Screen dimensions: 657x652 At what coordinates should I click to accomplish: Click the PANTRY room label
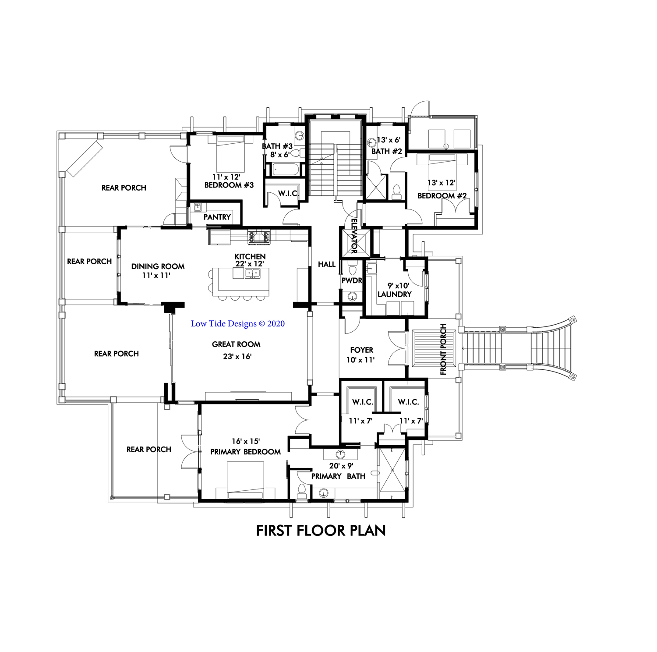[x=217, y=217]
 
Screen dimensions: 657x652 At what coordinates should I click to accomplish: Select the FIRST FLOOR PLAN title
[x=321, y=531]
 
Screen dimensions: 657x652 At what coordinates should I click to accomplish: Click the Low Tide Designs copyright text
[x=238, y=324]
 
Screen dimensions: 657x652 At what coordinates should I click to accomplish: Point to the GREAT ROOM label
[x=236, y=344]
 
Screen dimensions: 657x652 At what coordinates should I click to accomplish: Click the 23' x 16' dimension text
[x=237, y=357]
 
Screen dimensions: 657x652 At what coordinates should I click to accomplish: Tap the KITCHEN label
[x=250, y=256]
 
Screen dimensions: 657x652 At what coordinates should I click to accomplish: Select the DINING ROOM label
[x=158, y=266]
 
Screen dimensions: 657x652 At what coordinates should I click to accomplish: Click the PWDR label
[x=352, y=280]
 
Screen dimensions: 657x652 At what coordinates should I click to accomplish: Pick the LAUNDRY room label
[x=394, y=294]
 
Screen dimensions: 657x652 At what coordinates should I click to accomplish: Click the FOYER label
[x=361, y=350]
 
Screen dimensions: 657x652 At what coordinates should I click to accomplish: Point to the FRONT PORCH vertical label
[x=443, y=349]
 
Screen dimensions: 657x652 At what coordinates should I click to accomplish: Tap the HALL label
[x=327, y=264]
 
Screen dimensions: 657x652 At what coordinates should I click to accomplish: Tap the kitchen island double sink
[x=253, y=273]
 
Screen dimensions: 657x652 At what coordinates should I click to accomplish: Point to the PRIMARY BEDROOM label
[x=245, y=452]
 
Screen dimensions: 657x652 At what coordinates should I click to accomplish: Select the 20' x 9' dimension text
[x=341, y=466]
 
